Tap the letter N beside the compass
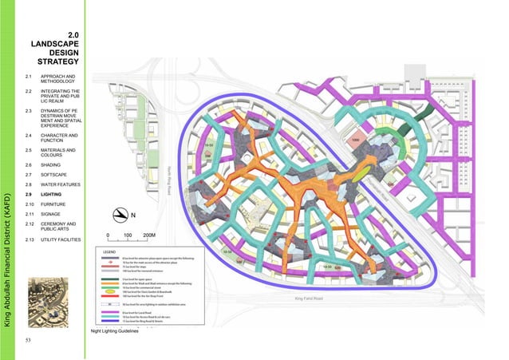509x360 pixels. [134, 216]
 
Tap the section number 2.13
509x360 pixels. [30, 239]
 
